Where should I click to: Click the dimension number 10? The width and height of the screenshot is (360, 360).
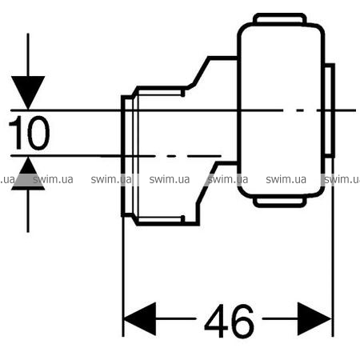coord(30,133)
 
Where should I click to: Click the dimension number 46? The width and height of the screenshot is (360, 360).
coord(229,320)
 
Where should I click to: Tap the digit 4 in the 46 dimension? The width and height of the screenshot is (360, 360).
coord(216,321)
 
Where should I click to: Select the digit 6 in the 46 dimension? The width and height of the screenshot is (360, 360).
coord(242,320)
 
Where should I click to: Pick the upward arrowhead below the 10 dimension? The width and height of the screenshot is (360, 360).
coord(28,174)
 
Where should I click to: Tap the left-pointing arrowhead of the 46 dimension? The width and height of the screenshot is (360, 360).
coord(140,318)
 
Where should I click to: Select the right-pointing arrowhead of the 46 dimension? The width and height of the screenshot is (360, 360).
coord(314,318)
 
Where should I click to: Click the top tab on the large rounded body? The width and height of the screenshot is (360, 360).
coord(280,18)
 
